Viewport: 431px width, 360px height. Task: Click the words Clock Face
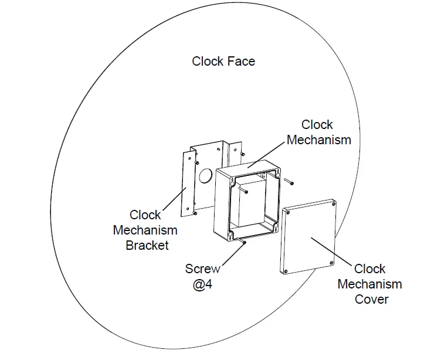[223, 61]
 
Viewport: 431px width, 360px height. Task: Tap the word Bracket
[147, 245]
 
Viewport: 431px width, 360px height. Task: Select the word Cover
[371, 299]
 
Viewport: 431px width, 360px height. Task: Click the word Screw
[203, 269]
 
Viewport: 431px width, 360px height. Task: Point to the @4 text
[203, 284]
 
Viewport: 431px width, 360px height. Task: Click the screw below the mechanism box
[242, 242]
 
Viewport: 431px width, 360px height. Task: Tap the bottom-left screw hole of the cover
[286, 271]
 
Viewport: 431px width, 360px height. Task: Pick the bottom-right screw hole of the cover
[331, 262]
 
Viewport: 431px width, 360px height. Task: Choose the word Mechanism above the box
[319, 140]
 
